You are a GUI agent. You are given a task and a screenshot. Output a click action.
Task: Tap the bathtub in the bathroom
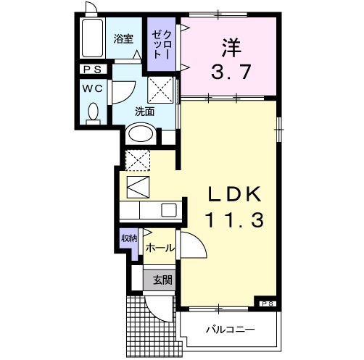[94, 41]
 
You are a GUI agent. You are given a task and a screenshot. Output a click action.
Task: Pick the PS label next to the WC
[92, 70]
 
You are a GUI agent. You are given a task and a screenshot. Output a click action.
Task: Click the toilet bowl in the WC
[93, 113]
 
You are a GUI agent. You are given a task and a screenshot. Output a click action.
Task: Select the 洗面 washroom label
[144, 112]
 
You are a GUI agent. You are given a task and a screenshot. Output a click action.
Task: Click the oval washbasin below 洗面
[141, 135]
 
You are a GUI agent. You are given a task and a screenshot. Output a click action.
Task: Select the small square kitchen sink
[168, 212]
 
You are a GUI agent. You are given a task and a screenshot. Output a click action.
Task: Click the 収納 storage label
[129, 238]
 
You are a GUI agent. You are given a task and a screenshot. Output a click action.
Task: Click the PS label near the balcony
[267, 303]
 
